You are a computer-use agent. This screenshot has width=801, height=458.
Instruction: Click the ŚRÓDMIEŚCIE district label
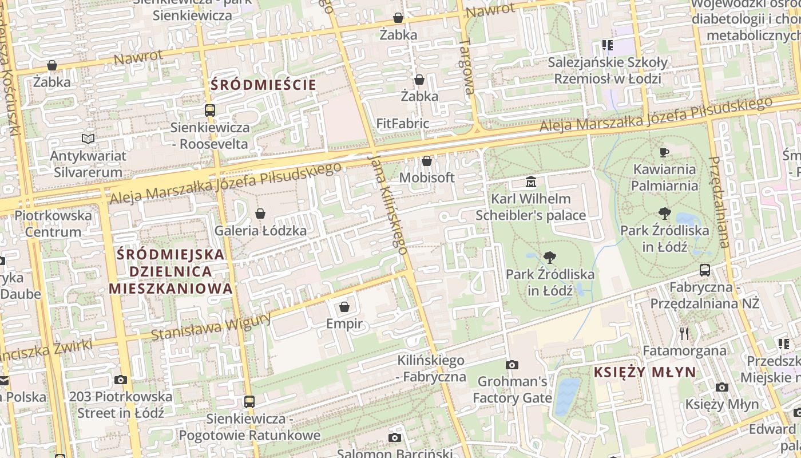pyautogui.click(x=263, y=85)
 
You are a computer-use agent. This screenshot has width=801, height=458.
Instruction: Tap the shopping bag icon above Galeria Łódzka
pyautogui.click(x=260, y=214)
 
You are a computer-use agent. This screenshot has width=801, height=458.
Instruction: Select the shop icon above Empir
pyautogui.click(x=344, y=307)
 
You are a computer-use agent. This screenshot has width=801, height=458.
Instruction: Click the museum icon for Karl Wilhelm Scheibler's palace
pyautogui.click(x=531, y=182)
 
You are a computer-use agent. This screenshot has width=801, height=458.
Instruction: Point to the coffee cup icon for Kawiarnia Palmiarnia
pyautogui.click(x=664, y=152)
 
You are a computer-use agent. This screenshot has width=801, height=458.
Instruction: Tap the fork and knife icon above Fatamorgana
pyautogui.click(x=684, y=333)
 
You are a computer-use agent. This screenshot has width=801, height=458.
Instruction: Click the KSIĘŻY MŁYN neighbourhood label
pyautogui.click(x=645, y=372)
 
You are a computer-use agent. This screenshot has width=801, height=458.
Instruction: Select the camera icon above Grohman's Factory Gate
pyautogui.click(x=512, y=365)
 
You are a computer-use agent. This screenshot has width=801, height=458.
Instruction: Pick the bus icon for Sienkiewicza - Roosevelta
pyautogui.click(x=210, y=110)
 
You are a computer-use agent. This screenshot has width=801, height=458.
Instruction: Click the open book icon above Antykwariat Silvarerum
pyautogui.click(x=88, y=139)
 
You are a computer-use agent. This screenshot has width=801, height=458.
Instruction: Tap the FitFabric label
pyautogui.click(x=403, y=123)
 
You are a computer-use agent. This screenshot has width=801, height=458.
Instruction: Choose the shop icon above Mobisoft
pyautogui.click(x=426, y=161)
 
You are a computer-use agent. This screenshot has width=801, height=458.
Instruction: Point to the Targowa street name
pyautogui.click(x=467, y=66)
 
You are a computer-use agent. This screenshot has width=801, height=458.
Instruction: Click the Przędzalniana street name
pyautogui.click(x=719, y=202)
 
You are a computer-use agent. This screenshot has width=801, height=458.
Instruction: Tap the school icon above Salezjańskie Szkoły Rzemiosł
pyautogui.click(x=607, y=45)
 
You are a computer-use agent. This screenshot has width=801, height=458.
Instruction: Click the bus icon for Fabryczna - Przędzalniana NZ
pyautogui.click(x=705, y=270)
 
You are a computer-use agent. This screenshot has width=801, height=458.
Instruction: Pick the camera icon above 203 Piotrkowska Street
pyautogui.click(x=120, y=380)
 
